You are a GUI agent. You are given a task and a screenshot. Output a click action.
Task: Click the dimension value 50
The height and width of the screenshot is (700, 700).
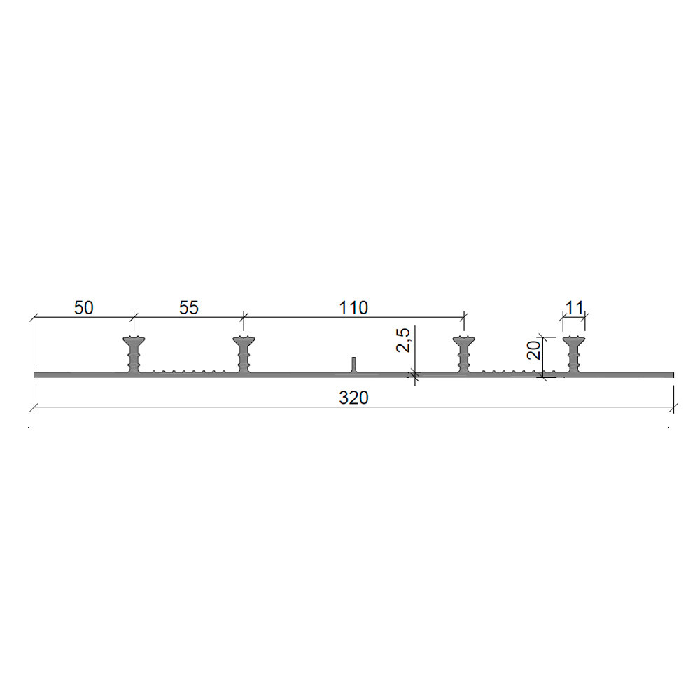(x=83, y=307)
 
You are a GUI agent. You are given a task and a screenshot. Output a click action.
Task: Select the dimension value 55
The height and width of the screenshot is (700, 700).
(x=188, y=307)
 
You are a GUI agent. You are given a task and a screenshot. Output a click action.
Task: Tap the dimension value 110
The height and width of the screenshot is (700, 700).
(x=353, y=307)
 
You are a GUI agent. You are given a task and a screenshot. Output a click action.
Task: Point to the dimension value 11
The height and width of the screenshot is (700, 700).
(x=574, y=307)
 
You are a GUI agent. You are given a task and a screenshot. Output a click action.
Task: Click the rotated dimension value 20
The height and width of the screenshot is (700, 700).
(x=534, y=351)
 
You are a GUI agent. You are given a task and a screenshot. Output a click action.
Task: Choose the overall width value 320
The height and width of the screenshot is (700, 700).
(x=353, y=398)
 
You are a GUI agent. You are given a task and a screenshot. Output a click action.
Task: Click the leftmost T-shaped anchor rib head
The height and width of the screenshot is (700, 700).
(x=134, y=342)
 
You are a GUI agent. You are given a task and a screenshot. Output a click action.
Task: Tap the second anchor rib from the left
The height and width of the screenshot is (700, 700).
(x=244, y=354)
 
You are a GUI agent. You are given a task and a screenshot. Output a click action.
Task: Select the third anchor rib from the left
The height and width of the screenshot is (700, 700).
(x=464, y=354)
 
